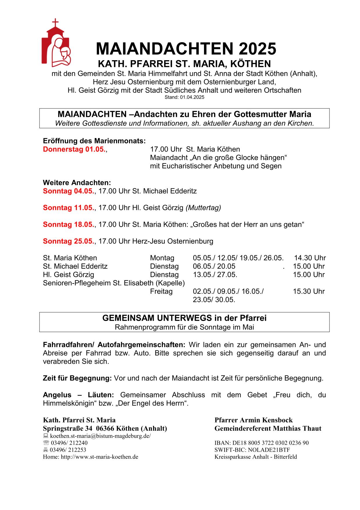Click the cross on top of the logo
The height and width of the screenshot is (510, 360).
pos(55,22)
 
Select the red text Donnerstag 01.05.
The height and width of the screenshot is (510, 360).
pos(74,149)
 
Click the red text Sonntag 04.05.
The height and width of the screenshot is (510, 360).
pos(69,191)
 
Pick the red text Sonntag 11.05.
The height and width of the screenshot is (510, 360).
pos(69,208)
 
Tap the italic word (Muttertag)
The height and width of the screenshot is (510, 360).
pos(203,208)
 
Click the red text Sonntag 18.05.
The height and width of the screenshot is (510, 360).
pos(69,225)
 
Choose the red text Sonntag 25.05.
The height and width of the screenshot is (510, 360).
pos(69,241)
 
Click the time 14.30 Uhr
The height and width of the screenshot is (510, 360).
pos(310,258)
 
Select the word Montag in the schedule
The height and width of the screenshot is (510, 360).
pos(162,258)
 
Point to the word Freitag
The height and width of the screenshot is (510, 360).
pos(161,291)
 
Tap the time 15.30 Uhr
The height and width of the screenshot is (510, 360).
pos(309,291)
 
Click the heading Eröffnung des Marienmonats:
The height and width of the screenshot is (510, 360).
pos(94,141)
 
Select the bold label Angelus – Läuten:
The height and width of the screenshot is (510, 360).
pos(78,395)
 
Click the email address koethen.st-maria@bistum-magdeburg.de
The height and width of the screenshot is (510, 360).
pos(100,436)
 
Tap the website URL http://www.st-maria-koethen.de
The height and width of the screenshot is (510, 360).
pos(99,457)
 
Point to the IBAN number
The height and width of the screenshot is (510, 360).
pos(262,443)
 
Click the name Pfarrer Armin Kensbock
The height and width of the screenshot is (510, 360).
pos(254,420)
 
